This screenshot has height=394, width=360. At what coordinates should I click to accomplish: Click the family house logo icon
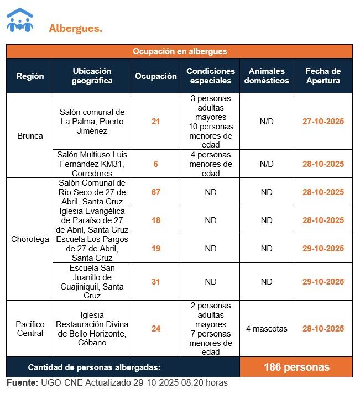[x=20, y=20]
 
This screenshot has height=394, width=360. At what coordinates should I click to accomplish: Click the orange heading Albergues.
[x=75, y=28]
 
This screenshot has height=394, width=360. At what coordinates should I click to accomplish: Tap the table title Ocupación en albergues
[x=179, y=51]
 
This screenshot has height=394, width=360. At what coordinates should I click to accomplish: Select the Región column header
[x=30, y=76]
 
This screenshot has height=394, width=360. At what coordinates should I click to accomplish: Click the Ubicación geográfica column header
[x=92, y=76]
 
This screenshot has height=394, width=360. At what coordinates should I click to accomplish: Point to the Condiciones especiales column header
[x=210, y=76]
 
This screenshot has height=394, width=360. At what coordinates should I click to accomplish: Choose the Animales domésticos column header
[x=267, y=76]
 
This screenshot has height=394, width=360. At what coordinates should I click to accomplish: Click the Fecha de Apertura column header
[x=323, y=76]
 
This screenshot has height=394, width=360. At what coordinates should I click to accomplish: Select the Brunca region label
[x=30, y=135]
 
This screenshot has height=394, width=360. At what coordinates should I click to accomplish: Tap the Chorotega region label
[x=30, y=239]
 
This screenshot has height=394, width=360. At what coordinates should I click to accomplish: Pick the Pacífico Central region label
[x=30, y=329]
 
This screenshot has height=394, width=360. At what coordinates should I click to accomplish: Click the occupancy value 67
[x=156, y=192]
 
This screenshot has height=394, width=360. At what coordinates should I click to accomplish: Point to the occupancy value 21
[x=156, y=122]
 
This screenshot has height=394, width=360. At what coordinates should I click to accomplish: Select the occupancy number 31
[x=156, y=282]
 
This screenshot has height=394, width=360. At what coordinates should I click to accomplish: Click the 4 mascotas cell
[x=267, y=329]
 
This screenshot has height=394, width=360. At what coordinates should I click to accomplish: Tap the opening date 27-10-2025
[x=323, y=122]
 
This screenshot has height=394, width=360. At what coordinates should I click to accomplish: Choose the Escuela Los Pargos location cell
[x=92, y=249]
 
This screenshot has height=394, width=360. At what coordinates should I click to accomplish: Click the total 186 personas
[x=296, y=367]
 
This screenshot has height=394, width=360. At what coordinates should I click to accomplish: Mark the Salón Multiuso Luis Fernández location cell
[x=92, y=164]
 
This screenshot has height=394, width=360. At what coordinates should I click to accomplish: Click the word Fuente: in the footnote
[x=23, y=383]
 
